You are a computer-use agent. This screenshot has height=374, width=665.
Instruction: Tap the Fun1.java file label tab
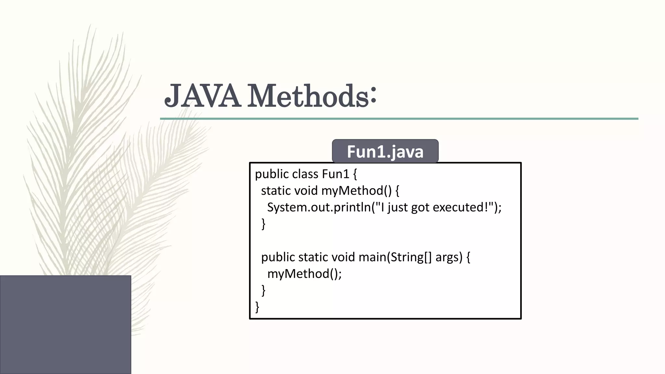pos(385,151)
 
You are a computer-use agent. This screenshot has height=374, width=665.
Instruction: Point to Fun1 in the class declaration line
pos(335,174)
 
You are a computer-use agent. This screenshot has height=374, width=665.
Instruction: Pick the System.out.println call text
pos(319,207)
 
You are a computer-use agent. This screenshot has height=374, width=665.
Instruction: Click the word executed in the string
pos(458,207)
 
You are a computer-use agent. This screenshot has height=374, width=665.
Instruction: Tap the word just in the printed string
pos(397,207)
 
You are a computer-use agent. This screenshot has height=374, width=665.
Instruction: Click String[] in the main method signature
pos(411,257)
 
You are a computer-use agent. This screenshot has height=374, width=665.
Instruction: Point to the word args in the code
pos(448,257)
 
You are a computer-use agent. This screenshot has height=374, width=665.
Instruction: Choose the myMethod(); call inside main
pos(304,274)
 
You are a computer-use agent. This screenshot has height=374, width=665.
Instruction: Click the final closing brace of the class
pos(257,307)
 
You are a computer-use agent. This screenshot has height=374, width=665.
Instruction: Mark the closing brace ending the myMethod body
pos(263,224)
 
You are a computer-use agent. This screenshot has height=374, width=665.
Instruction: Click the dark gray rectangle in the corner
pos(65,324)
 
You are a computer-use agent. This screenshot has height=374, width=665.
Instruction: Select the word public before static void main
pos(278,257)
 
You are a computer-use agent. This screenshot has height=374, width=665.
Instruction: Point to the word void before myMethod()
pos(306,191)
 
